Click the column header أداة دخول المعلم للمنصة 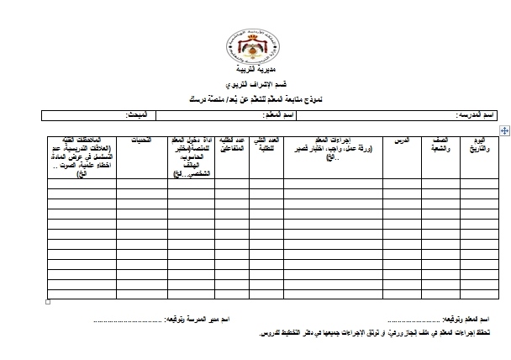pos(192,157)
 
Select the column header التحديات pos(142,140)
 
